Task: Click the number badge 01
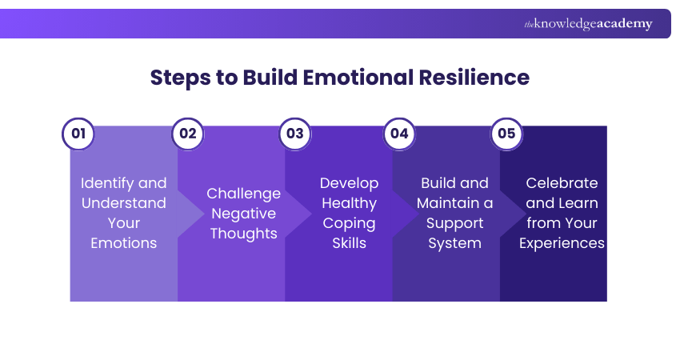[78, 134]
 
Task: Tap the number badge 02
[188, 134]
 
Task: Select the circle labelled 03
[295, 134]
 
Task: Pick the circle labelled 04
[399, 134]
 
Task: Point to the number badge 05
[506, 134]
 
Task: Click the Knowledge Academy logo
[588, 24]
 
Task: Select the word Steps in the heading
[178, 78]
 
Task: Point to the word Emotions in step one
[123, 243]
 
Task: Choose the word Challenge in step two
[243, 194]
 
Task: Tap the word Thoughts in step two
[243, 234]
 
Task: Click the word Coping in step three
[349, 223]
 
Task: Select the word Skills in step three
[349, 243]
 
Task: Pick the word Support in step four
[454, 223]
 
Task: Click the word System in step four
[454, 243]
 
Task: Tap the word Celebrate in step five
[561, 183]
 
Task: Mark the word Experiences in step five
[561, 243]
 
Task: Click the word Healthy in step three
[349, 203]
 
